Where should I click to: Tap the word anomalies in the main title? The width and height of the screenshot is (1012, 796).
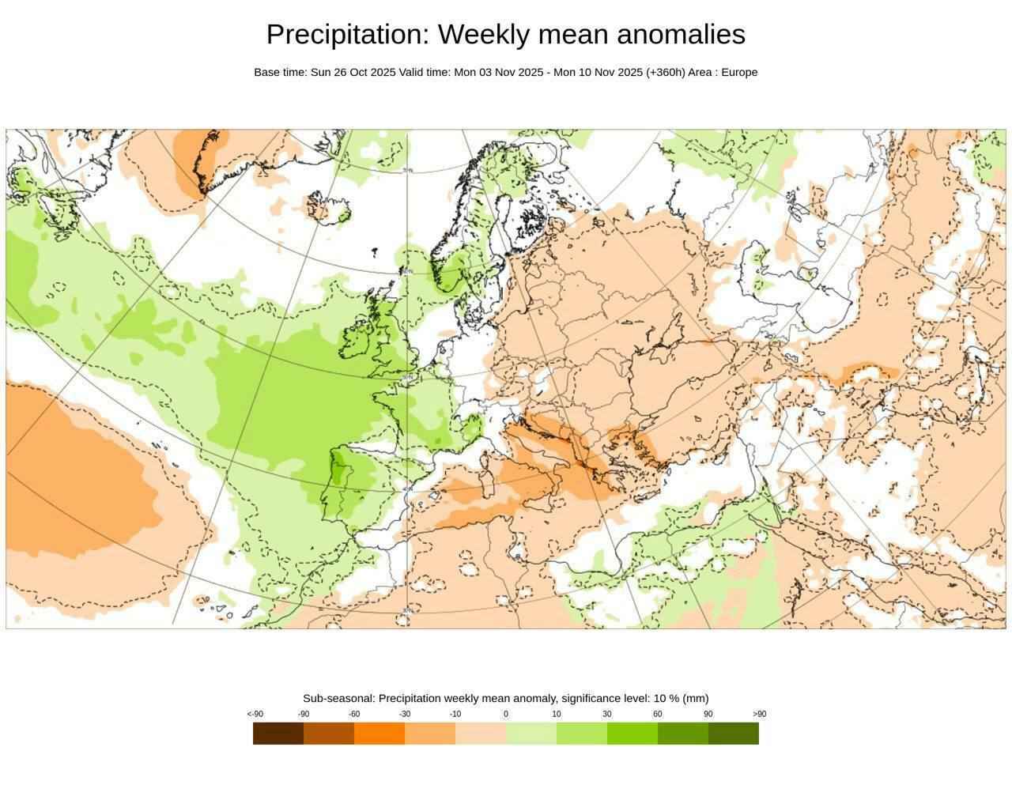(x=681, y=35)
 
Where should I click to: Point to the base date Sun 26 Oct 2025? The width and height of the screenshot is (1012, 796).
(x=353, y=72)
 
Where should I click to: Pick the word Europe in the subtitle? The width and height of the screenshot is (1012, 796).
(x=739, y=72)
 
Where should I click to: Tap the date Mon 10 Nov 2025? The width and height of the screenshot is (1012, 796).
(x=598, y=72)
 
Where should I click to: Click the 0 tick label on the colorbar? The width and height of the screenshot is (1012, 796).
(x=506, y=714)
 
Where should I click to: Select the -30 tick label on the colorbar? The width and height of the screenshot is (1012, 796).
(x=405, y=714)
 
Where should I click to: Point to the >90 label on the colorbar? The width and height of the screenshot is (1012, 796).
(x=759, y=714)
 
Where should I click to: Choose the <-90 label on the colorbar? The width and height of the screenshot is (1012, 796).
(x=255, y=714)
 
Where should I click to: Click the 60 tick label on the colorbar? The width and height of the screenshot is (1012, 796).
(x=658, y=714)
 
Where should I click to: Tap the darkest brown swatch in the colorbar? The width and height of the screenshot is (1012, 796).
(x=278, y=734)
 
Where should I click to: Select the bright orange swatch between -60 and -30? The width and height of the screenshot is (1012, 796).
(x=379, y=734)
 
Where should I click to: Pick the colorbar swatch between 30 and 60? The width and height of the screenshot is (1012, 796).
(x=632, y=734)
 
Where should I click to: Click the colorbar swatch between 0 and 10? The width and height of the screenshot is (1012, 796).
(x=531, y=734)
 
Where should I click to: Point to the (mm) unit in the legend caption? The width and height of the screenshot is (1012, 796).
(x=696, y=698)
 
